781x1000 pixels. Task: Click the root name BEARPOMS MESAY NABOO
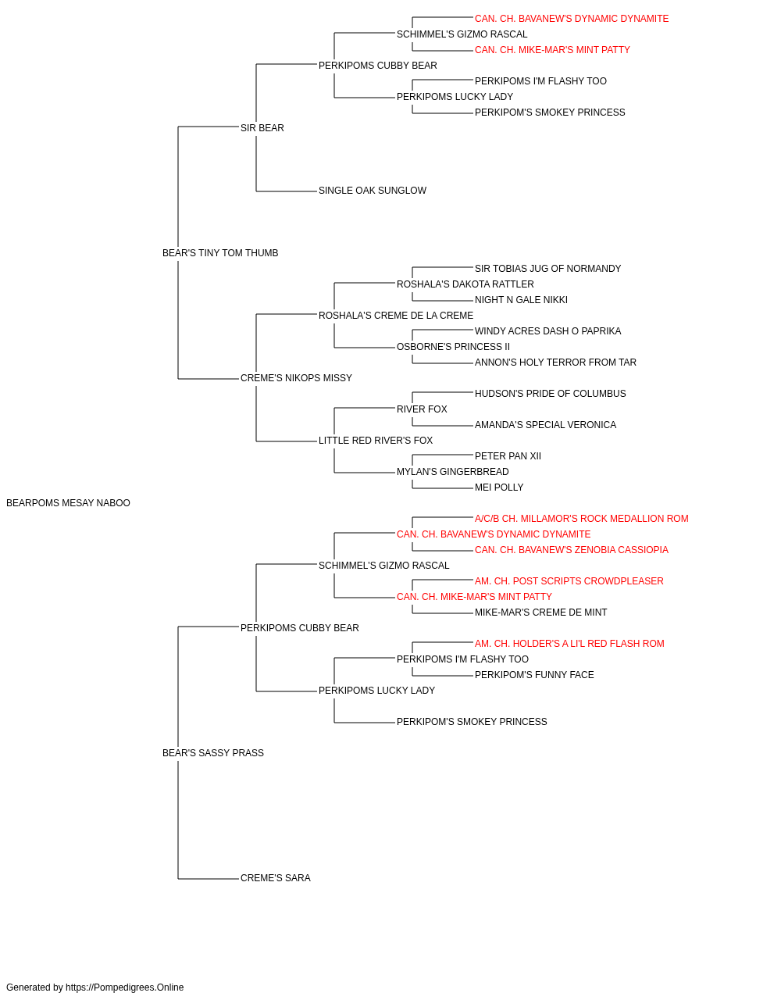[68, 503]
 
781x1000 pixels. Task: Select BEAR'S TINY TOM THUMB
[220, 253]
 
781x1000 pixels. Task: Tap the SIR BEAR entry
[262, 128]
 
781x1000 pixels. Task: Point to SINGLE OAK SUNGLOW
[373, 191]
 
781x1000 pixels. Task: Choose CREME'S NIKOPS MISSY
[296, 378]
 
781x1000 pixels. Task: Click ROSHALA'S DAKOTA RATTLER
[465, 284]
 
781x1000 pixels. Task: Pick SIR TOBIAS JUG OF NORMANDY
[547, 269]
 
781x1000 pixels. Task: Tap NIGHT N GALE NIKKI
[521, 300]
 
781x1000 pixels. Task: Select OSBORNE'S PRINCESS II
[454, 347]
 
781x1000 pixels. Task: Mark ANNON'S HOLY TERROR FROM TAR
[555, 362]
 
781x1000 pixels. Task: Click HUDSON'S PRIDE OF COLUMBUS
[551, 394]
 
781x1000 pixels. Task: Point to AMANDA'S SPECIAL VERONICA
[545, 425]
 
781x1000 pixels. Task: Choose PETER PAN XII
[508, 456]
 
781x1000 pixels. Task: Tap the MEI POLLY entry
[499, 487]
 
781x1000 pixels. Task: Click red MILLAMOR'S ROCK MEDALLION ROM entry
[582, 519]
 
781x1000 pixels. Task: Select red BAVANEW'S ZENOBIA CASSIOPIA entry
[572, 550]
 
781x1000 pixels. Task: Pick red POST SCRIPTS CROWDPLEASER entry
[569, 581]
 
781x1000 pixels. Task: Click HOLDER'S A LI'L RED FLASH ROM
[569, 644]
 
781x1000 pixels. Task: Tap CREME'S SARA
[276, 878]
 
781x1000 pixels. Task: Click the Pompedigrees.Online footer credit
[95, 987]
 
